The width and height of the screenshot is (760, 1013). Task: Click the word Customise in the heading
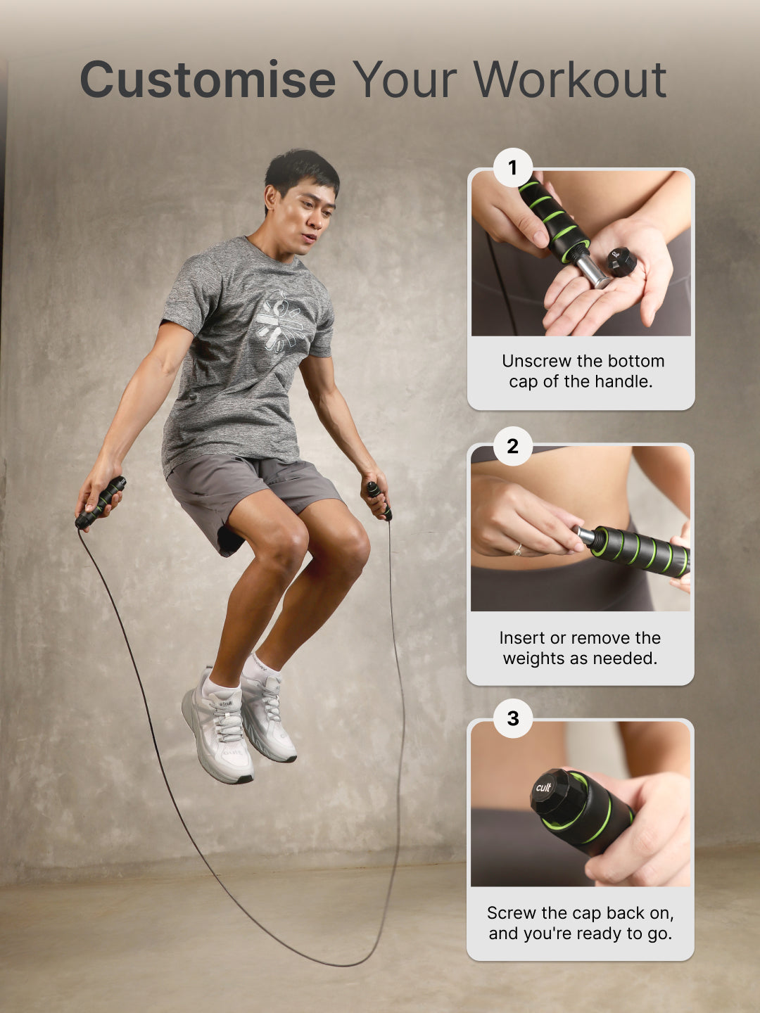pyautogui.click(x=208, y=79)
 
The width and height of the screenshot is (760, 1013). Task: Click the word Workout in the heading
pyautogui.click(x=569, y=79)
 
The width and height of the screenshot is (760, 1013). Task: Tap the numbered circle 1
pyautogui.click(x=512, y=168)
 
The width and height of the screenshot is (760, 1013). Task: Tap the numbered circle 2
pyautogui.click(x=512, y=446)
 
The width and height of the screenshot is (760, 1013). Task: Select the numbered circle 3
pyautogui.click(x=512, y=718)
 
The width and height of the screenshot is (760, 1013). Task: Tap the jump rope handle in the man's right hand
pyautogui.click(x=101, y=502)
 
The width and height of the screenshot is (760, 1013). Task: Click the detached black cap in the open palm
pyautogui.click(x=621, y=262)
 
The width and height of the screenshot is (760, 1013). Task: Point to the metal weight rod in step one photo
pyautogui.click(x=593, y=272)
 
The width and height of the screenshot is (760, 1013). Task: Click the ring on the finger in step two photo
pyautogui.click(x=518, y=549)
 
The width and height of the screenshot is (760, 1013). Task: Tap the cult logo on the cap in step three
pyautogui.click(x=543, y=787)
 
